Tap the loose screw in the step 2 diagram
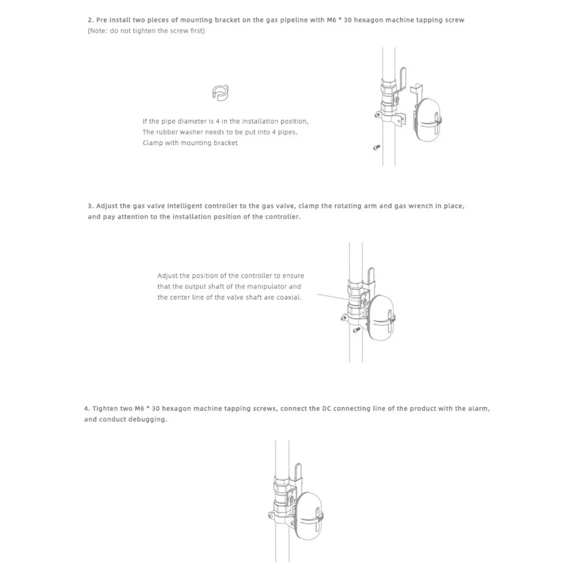point(376,148)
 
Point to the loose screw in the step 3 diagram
point(357,330)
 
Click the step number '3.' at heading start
point(90,206)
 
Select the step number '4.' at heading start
point(86,409)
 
